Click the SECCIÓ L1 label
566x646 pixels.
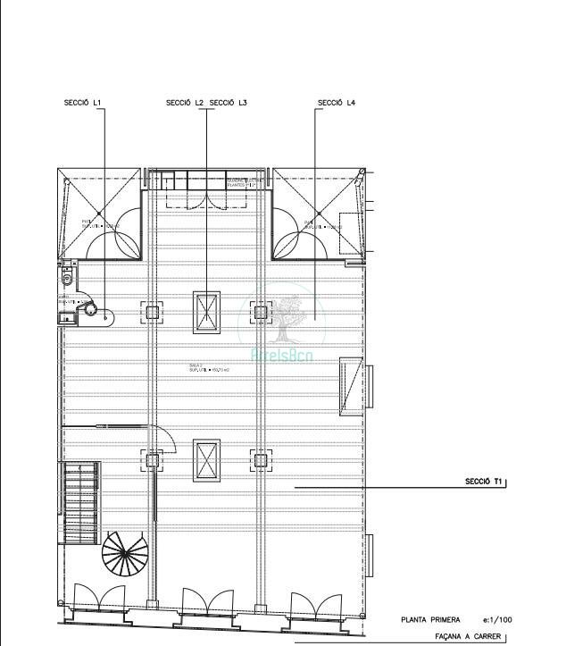point(83,103)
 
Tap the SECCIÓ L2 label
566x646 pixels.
point(185,103)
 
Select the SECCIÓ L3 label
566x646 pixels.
point(229,103)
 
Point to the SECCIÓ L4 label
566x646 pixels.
point(337,103)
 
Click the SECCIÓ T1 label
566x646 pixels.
point(483,482)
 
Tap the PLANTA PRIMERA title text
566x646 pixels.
point(430,619)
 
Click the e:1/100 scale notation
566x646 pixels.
point(497,619)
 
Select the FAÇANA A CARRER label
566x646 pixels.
point(467,637)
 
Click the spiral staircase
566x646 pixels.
point(123,555)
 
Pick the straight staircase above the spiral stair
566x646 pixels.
point(80,501)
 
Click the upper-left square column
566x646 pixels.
point(152,312)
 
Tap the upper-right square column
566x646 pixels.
point(260,312)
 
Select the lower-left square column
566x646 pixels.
point(152,461)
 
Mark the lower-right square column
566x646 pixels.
point(260,461)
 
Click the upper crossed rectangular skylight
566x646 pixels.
point(206,312)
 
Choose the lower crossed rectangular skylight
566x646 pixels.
point(206,461)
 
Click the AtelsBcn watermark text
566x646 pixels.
point(283,355)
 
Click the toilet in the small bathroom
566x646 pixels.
point(66,278)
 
